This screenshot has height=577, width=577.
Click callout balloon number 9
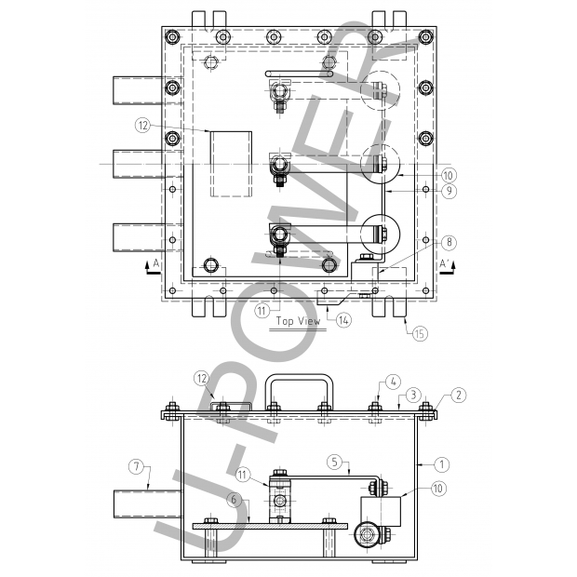tap(449, 191)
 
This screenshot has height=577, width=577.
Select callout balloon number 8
tap(449, 242)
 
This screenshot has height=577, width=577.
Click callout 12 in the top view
tap(142, 124)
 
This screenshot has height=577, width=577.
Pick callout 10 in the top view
tap(449, 174)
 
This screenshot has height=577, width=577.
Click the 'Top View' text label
tap(297, 322)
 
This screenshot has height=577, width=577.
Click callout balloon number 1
tap(443, 463)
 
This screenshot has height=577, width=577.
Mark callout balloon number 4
tap(393, 381)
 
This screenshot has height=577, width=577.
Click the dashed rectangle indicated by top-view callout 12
tap(231, 164)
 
